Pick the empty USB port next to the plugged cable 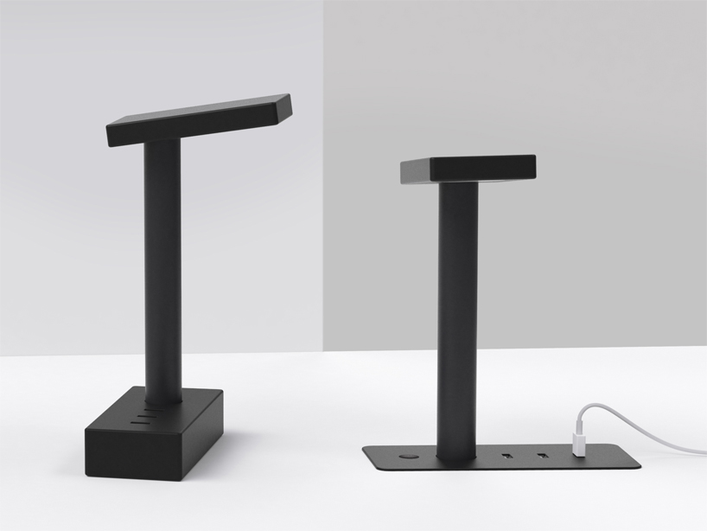pos(543,454)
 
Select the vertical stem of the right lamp pos(457,320)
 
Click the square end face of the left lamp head pos(280,107)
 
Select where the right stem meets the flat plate pos(456,456)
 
